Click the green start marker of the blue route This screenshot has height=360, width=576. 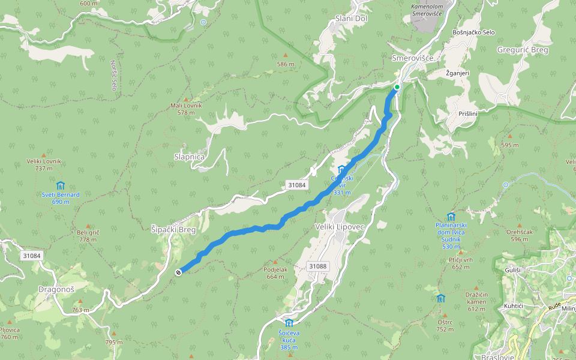click(x=397, y=87)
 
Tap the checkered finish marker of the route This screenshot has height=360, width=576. click(x=178, y=272)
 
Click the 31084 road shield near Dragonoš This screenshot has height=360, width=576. click(x=31, y=256)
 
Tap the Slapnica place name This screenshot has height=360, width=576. click(x=189, y=157)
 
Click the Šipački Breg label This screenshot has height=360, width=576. click(x=174, y=229)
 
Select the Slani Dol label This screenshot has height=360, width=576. click(x=352, y=19)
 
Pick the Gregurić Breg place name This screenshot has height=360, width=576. click(x=523, y=50)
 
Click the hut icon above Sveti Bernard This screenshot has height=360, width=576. click(x=60, y=186)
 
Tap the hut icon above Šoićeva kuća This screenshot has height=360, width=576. click(x=289, y=323)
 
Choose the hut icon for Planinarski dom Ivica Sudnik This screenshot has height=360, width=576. click(x=451, y=217)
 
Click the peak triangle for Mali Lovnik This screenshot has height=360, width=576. click(x=186, y=99)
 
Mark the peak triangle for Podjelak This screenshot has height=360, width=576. click(x=275, y=262)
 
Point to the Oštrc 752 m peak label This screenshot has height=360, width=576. click(x=445, y=325)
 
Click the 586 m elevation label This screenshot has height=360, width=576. click(x=286, y=64)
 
